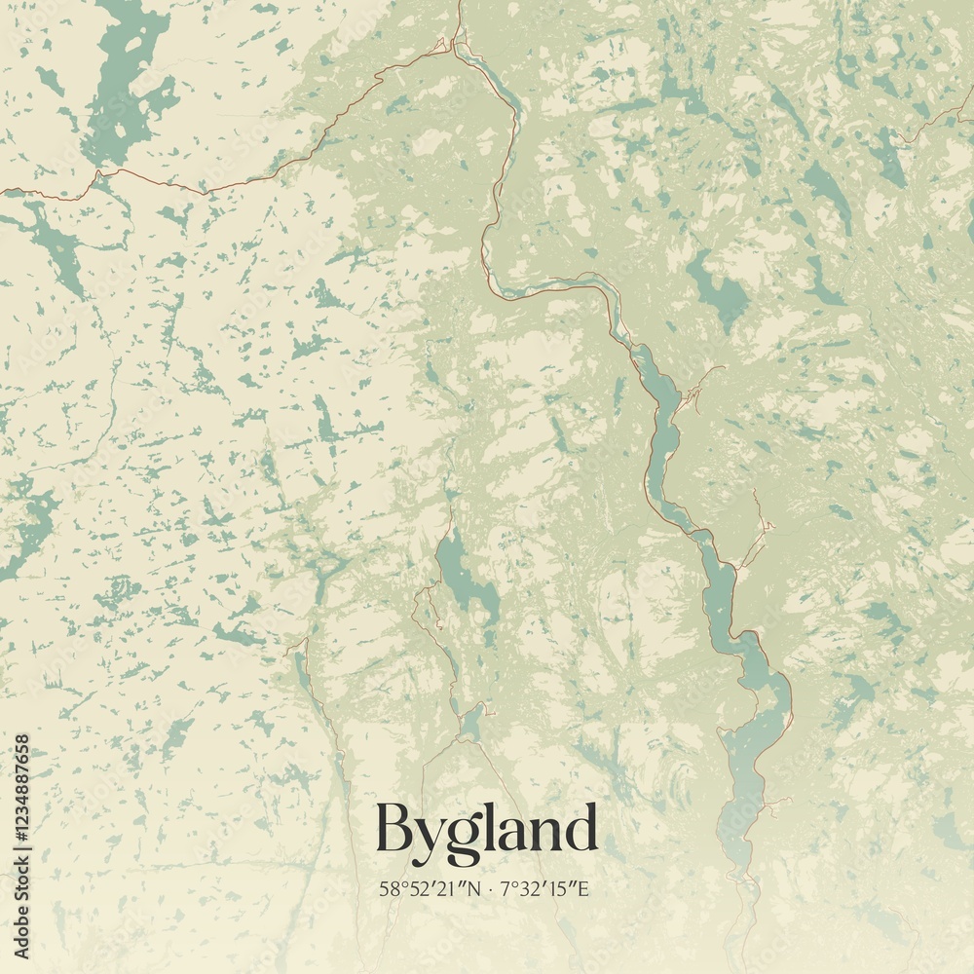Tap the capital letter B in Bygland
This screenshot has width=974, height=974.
[x=394, y=829]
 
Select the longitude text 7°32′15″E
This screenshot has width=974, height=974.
[x=546, y=888]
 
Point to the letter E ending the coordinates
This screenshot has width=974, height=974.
[x=589, y=888]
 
